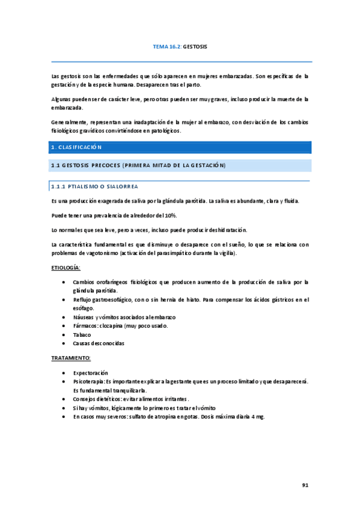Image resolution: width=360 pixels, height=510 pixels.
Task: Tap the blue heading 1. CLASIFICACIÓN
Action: (x=77, y=147)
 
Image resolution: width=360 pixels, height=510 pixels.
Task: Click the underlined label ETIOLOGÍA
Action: (x=66, y=266)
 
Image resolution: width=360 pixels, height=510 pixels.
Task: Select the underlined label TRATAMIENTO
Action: (x=71, y=358)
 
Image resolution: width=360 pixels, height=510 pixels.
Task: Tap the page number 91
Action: (x=305, y=484)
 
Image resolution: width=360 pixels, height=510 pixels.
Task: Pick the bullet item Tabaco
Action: (x=82, y=334)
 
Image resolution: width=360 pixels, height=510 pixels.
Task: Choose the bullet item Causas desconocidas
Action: (x=99, y=343)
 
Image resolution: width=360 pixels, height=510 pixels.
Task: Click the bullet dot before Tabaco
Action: (x=64, y=334)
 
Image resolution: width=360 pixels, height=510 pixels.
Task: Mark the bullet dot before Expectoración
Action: (x=64, y=373)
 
